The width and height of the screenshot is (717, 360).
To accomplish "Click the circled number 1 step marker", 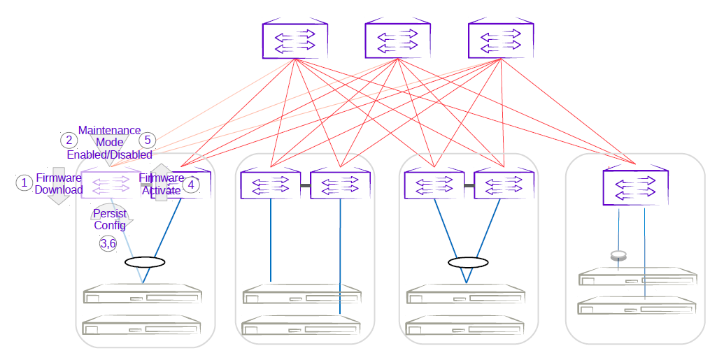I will pyautogui.click(x=24, y=182).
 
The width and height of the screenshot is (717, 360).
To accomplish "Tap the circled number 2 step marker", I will pyautogui.click(x=69, y=140).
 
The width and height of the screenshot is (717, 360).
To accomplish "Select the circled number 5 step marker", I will pyautogui.click(x=148, y=140).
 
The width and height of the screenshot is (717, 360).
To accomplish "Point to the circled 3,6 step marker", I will pyautogui.click(x=108, y=243).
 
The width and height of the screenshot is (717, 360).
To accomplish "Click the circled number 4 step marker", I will pyautogui.click(x=190, y=185).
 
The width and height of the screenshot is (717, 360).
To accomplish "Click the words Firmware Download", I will pyautogui.click(x=59, y=184).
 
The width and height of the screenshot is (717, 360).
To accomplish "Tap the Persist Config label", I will pyautogui.click(x=110, y=219).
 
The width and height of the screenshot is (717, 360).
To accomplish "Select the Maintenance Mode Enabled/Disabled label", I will pyautogui.click(x=109, y=143).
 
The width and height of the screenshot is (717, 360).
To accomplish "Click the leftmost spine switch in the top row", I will pyautogui.click(x=294, y=41).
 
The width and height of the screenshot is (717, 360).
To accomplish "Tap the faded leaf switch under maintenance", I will pyautogui.click(x=109, y=185).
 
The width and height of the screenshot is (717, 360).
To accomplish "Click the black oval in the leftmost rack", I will pyautogui.click(x=145, y=263).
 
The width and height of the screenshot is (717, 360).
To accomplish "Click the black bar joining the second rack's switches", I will pyautogui.click(x=306, y=186).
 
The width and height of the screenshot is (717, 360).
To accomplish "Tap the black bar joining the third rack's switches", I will pyautogui.click(x=469, y=186).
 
